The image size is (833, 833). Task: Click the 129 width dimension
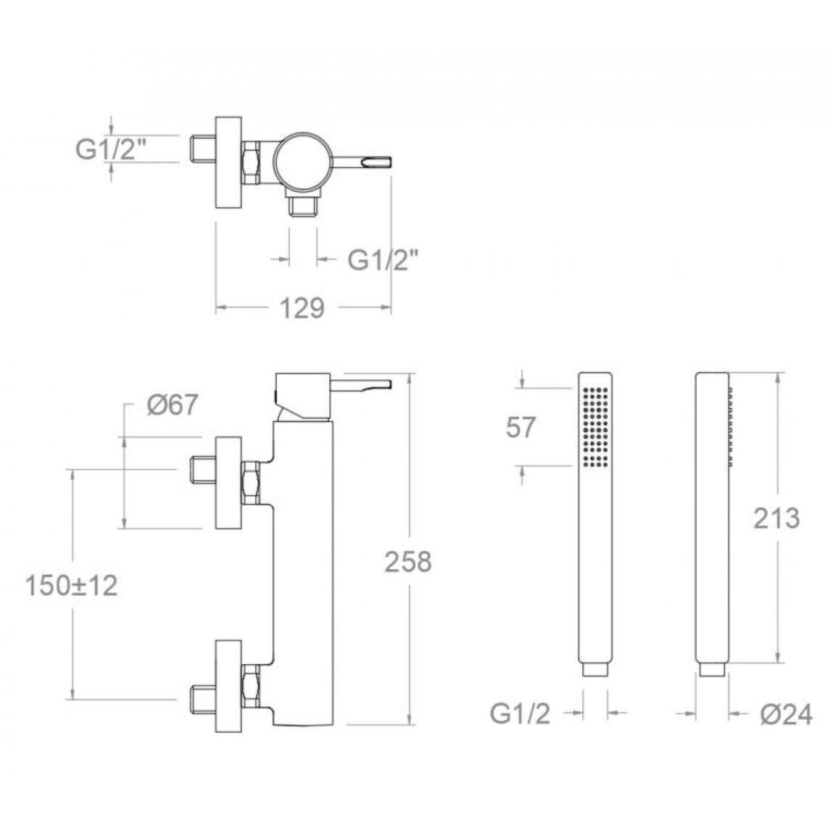tap(302, 308)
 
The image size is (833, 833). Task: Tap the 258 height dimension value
tap(408, 562)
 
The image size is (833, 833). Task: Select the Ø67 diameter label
tap(173, 405)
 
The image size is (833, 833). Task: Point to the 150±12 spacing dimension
tap(72, 586)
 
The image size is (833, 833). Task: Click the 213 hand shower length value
tap(776, 518)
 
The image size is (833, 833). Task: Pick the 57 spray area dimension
tap(521, 427)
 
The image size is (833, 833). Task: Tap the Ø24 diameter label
tap(787, 714)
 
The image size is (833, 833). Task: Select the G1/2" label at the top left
tap(110, 149)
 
